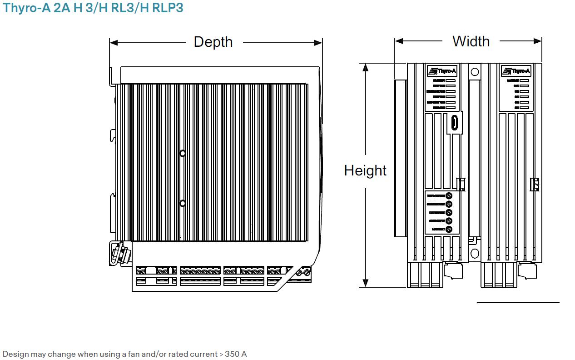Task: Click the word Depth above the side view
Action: click(213, 42)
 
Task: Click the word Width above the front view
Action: click(471, 41)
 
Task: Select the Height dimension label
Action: click(365, 170)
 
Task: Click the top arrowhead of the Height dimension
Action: click(365, 67)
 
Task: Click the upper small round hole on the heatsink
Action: click(183, 154)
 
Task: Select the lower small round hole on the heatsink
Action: click(183, 204)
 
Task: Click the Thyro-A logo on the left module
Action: click(441, 71)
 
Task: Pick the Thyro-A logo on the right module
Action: click(516, 71)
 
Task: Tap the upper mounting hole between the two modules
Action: click(475, 72)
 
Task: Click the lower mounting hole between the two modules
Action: click(475, 253)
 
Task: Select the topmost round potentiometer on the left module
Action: click(449, 195)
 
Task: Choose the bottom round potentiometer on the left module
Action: click(449, 230)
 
